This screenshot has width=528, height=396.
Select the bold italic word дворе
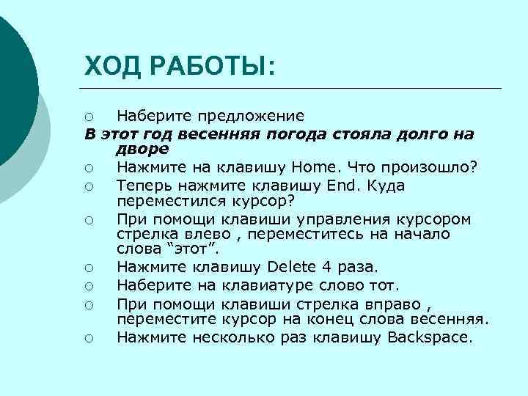pos(142,148)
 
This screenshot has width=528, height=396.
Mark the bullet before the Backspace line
pos(88,338)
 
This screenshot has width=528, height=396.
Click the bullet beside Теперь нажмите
pos(88,187)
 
